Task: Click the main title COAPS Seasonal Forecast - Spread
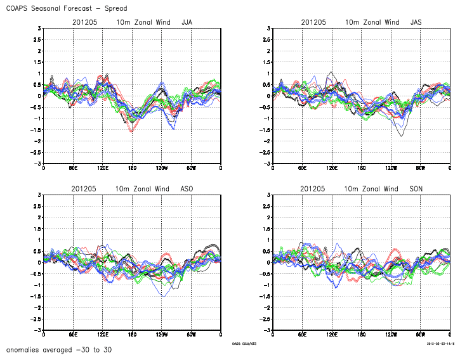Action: click(66, 8)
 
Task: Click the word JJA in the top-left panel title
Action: click(188, 22)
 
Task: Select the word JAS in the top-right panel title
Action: click(416, 22)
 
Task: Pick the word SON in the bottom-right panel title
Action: click(416, 189)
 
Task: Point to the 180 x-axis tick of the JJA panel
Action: click(132, 168)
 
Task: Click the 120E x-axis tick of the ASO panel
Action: click(102, 335)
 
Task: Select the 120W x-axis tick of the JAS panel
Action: click(391, 168)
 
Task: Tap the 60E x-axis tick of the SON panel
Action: click(303, 335)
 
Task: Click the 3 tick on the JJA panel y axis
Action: click(39, 28)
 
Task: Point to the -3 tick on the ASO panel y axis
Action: click(37, 330)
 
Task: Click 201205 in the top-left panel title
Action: click(84, 22)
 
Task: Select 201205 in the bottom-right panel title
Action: click(313, 189)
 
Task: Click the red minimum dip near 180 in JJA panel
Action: click(132, 131)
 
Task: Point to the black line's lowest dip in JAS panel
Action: click(401, 136)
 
